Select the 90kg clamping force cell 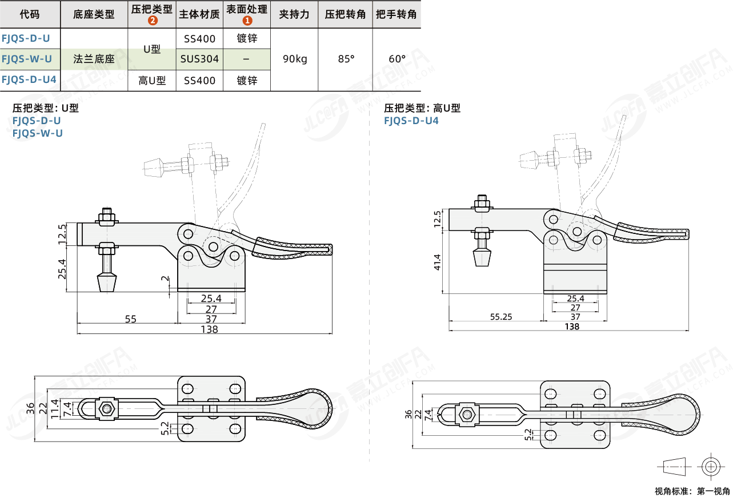[294, 59]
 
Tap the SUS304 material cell [199, 59]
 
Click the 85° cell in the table [346, 59]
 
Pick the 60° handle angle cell [397, 59]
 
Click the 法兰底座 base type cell [94, 59]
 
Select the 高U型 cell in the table [152, 81]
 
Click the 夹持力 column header [294, 14]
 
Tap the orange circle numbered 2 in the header [152, 21]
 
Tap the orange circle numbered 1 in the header [247, 21]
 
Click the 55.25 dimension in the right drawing [501, 316]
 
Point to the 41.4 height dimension [438, 263]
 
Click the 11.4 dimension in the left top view [55, 409]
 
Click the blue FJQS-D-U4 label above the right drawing [411, 121]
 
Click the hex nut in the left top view [106, 408]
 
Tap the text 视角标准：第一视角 [692, 491]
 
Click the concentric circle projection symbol [710, 466]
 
